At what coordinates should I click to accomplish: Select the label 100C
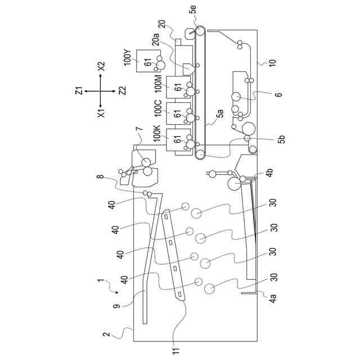[x=158, y=109]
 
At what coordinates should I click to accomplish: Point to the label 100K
[x=157, y=133]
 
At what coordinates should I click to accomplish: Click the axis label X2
[x=101, y=66]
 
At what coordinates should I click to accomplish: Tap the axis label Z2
[x=123, y=91]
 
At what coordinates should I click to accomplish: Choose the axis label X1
[x=101, y=113]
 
